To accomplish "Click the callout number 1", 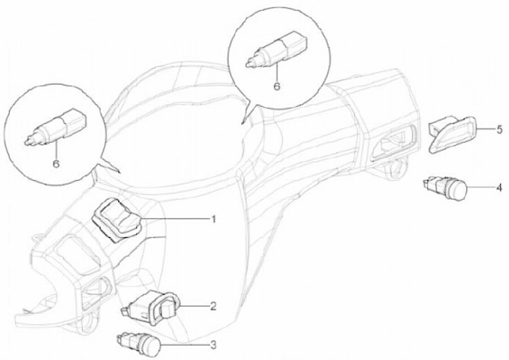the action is (x=213, y=220).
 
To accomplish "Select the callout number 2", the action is (x=213, y=306).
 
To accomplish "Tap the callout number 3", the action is (x=213, y=345).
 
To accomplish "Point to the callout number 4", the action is (x=499, y=188).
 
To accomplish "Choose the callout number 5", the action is (x=499, y=129).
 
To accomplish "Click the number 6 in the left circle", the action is (x=56, y=163).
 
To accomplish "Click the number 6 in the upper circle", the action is (x=276, y=86).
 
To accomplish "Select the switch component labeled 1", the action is (x=117, y=220).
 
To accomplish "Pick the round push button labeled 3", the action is (x=139, y=344).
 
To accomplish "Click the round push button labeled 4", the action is (x=445, y=187).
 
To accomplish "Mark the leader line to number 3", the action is (x=185, y=344).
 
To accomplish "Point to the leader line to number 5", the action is (x=485, y=129).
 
